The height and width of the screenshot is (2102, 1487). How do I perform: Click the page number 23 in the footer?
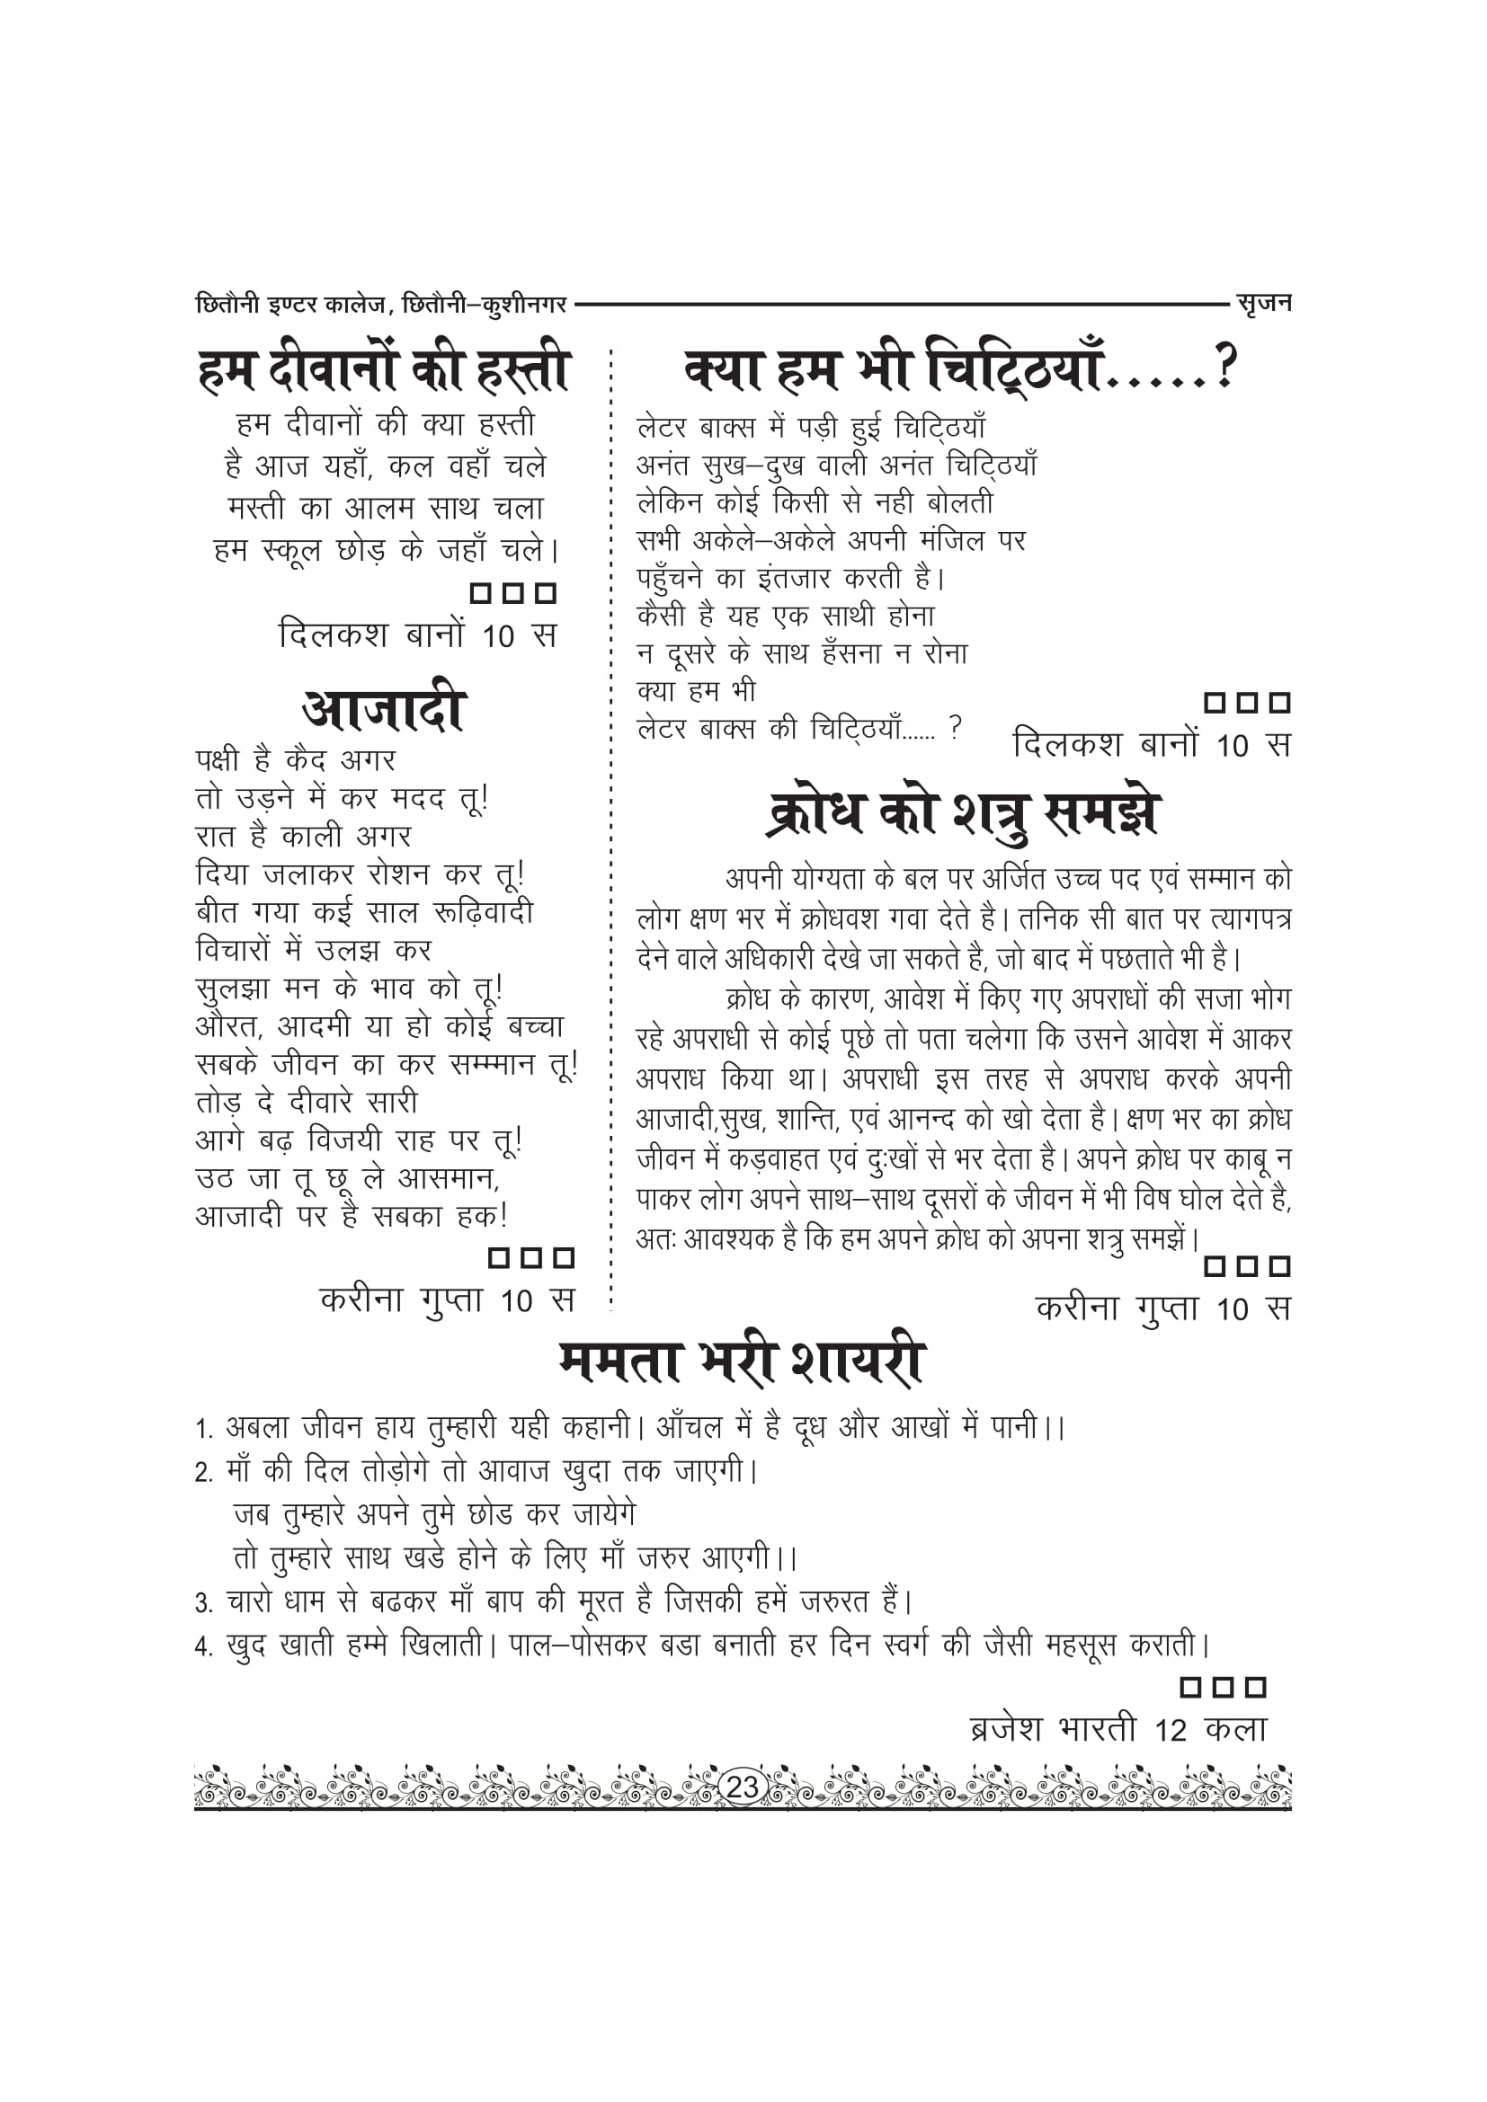point(742,1787)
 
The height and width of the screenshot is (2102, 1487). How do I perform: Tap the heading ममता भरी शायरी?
point(742,1362)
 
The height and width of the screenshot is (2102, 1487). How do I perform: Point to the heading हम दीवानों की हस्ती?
point(384,370)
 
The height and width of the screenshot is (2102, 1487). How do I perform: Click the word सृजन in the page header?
point(1263,303)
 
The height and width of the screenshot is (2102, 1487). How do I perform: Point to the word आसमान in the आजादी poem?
point(448,1178)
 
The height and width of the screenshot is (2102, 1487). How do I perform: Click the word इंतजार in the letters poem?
point(793,579)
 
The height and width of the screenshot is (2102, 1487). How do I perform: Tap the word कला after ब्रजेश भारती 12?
point(1236,1728)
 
